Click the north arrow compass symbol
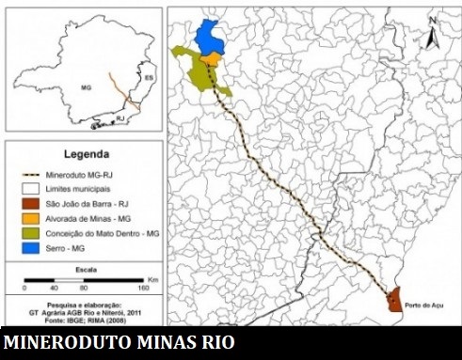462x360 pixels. click(432, 34)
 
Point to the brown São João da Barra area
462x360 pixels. click(393, 299)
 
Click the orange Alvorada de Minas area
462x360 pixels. click(214, 59)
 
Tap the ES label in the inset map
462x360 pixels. click(148, 74)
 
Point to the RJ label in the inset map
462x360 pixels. click(120, 119)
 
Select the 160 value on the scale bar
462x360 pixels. click(142, 289)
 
